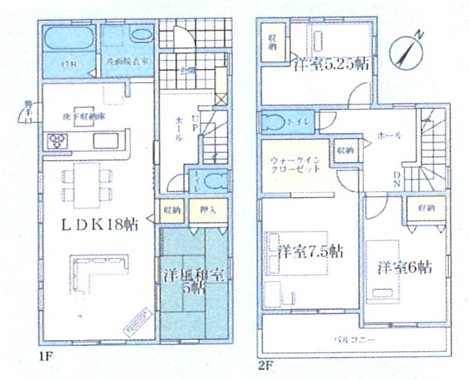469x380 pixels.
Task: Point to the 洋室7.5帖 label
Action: click(x=310, y=251)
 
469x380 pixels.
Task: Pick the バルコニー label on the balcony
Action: click(x=350, y=339)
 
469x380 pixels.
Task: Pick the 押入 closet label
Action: click(x=207, y=210)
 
